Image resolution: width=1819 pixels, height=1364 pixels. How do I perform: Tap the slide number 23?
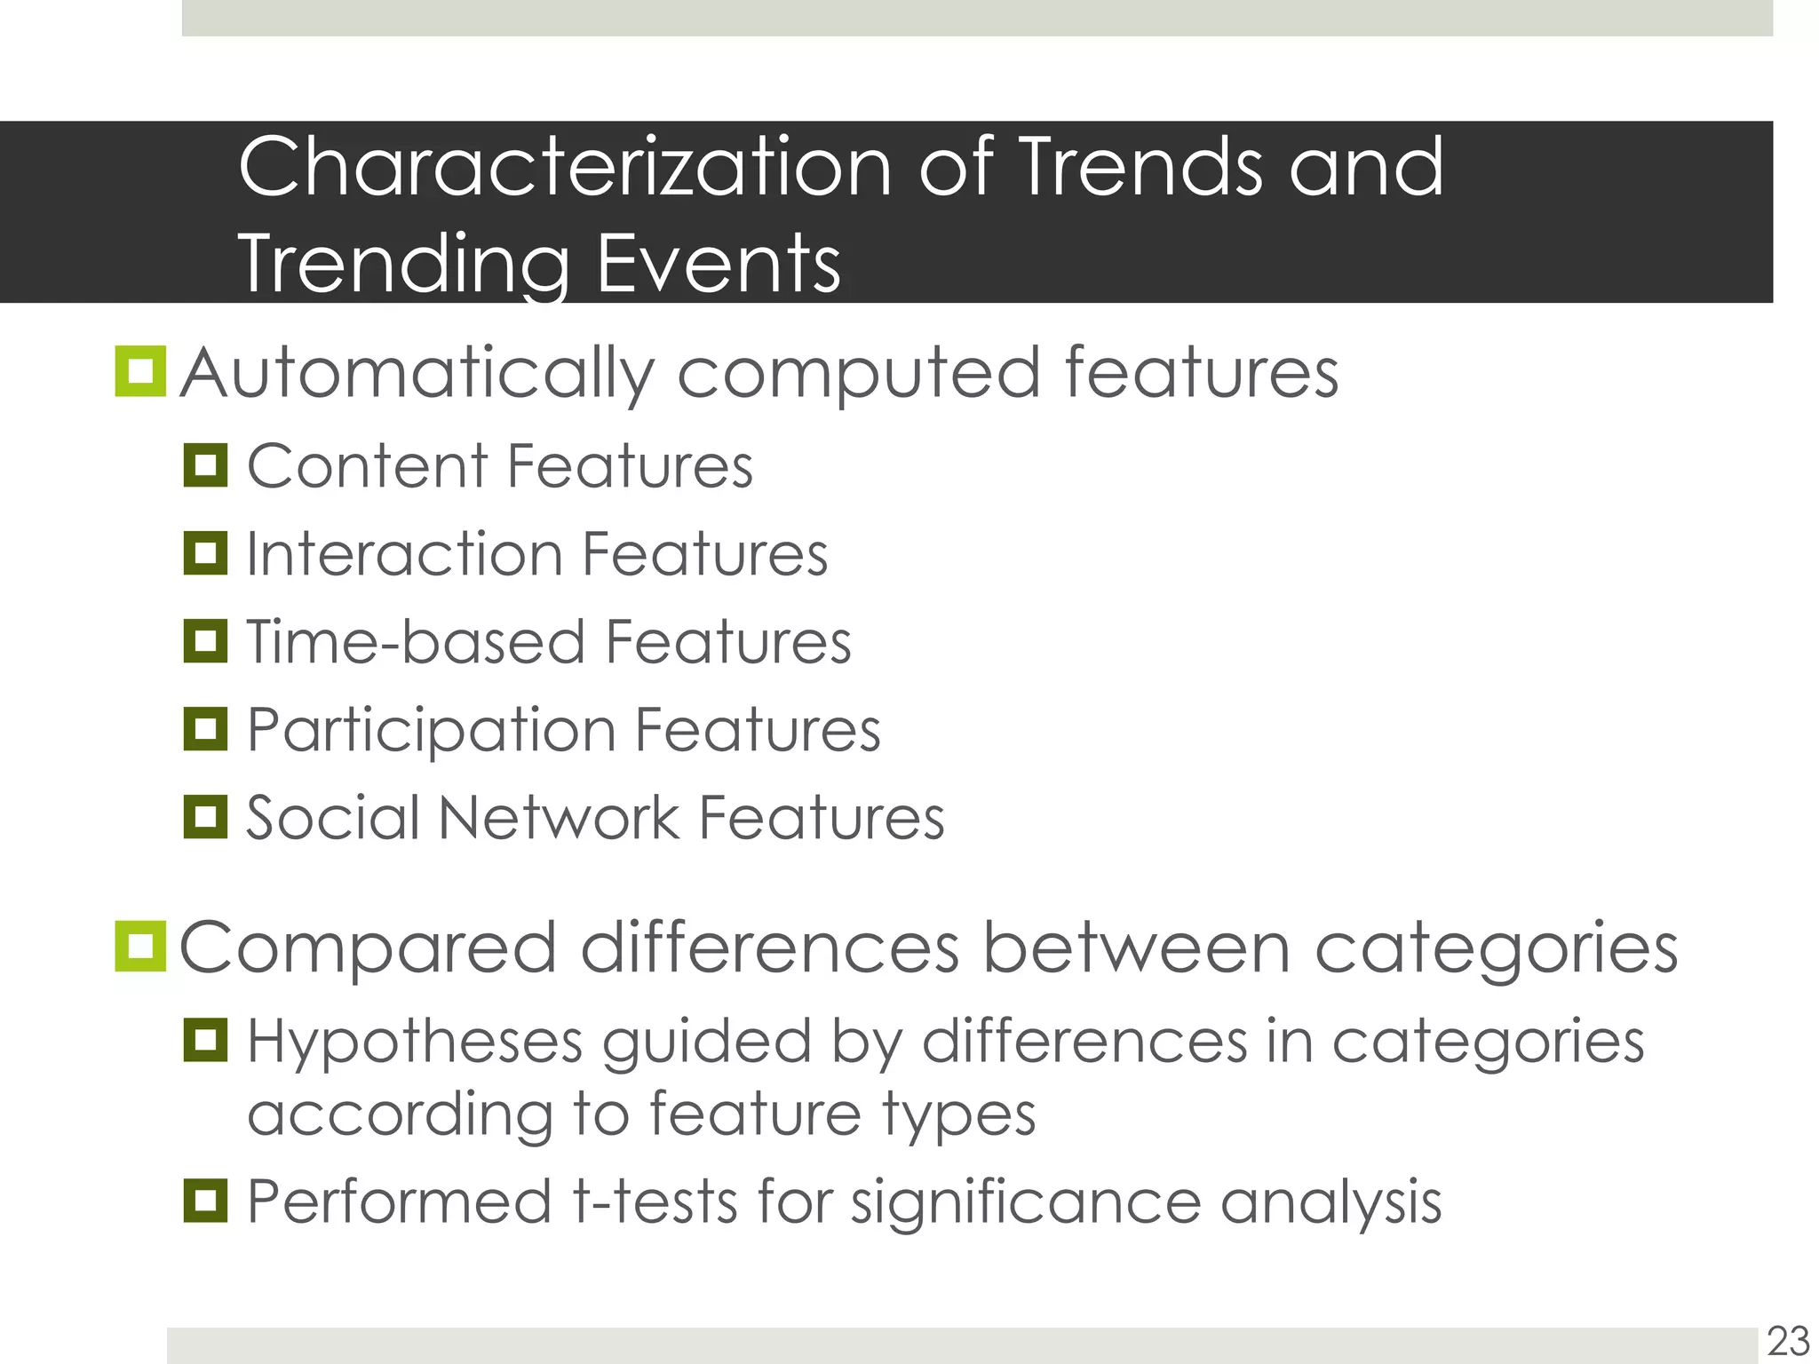click(1788, 1341)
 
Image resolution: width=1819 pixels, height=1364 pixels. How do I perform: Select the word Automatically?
click(417, 374)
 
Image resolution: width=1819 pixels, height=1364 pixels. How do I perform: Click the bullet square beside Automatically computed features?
click(140, 371)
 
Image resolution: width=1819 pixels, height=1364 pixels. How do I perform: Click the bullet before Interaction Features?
click(205, 553)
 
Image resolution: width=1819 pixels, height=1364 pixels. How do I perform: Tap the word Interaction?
click(404, 554)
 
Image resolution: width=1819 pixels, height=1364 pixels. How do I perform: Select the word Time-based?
click(415, 641)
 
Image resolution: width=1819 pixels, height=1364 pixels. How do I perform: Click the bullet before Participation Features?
click(205, 729)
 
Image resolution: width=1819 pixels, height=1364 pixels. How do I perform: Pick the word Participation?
click(432, 731)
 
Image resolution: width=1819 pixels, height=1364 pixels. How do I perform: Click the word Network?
click(558, 817)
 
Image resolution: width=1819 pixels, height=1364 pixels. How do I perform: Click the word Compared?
click(369, 949)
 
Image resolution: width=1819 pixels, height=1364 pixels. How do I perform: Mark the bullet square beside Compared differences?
click(140, 946)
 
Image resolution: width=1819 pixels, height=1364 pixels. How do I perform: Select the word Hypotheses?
click(415, 1042)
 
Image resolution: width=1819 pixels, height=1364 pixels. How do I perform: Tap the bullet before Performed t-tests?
click(205, 1201)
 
